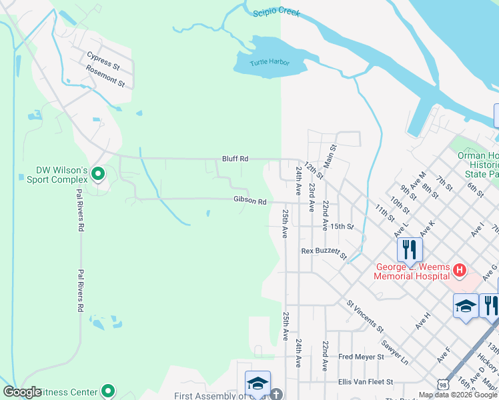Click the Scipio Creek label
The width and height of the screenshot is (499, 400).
tap(276, 13)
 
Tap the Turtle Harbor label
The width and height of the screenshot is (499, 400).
tap(270, 63)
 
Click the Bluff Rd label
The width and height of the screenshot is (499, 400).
tap(235, 159)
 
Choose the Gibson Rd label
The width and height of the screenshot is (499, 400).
tap(250, 201)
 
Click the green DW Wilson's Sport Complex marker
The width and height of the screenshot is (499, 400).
tap(99, 175)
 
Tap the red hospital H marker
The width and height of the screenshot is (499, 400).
tap(460, 270)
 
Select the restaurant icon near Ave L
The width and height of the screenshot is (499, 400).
tap(410, 249)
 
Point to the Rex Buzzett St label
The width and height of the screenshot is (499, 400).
tap(324, 253)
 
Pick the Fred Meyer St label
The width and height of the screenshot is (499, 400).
tap(361, 357)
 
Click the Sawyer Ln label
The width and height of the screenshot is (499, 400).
tap(394, 352)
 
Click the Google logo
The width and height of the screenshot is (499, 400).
tap(22, 392)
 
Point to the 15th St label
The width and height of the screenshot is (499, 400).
tap(341, 227)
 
